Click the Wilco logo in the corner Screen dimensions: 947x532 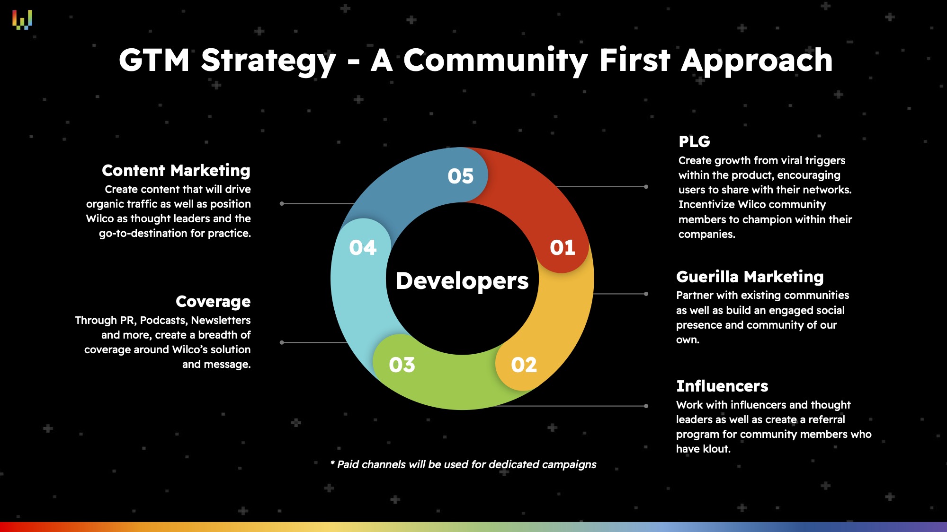click(22, 20)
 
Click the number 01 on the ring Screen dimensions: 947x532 click(563, 248)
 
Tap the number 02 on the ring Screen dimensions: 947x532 click(524, 365)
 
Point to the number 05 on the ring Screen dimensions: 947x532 click(461, 176)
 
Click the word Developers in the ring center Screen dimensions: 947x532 click(462, 281)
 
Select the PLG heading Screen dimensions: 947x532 click(694, 141)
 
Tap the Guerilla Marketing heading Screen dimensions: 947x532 click(750, 277)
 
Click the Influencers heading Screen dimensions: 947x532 click(722, 386)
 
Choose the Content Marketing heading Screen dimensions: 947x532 click(176, 170)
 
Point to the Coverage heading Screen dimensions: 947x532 click(213, 302)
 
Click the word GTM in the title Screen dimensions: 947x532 click(154, 60)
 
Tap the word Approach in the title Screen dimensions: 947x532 click(757, 61)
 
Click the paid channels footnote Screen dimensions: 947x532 click(463, 464)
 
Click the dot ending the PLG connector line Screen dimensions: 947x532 click(646, 187)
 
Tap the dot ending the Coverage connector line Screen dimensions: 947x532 click(282, 342)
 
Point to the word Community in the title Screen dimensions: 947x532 click(495, 61)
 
